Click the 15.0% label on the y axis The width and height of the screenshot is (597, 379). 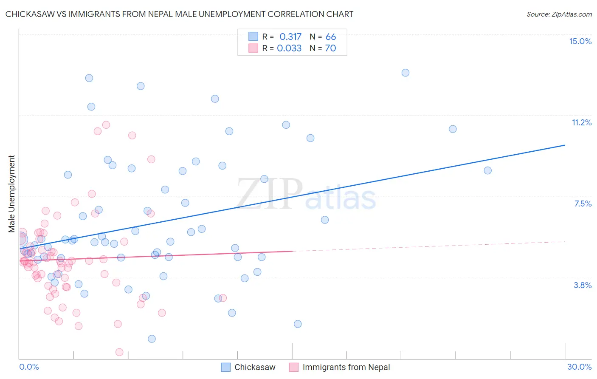[580, 41]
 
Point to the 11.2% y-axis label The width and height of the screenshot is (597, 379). [581, 123]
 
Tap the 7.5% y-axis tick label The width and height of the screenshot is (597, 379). [583, 204]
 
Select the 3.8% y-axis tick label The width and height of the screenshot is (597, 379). [583, 285]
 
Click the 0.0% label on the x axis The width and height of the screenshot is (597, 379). [29, 367]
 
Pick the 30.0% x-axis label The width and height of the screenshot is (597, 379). [579, 367]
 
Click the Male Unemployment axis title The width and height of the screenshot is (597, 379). [11, 194]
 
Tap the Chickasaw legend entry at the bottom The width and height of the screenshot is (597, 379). [255, 367]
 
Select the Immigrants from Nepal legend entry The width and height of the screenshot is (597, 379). [346, 367]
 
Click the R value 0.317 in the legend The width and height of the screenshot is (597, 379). [290, 37]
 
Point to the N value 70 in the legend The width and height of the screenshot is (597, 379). [330, 48]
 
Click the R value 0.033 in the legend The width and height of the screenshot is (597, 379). [289, 48]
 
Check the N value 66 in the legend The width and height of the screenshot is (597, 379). [331, 37]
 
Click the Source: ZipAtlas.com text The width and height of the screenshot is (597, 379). [559, 14]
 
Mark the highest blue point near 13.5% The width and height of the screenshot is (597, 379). [406, 73]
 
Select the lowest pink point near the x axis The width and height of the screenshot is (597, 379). [119, 352]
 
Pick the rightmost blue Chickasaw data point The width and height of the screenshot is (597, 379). [488, 170]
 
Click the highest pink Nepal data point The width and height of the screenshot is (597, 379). [106, 125]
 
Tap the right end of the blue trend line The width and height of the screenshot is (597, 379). [565, 145]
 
